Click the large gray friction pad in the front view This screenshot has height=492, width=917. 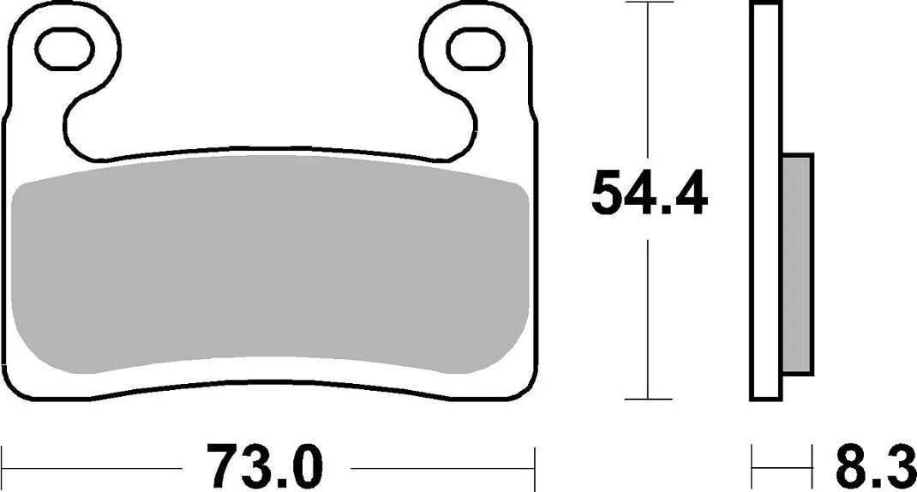270,274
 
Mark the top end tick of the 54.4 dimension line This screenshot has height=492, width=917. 648,3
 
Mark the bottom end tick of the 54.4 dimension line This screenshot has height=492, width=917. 648,399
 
